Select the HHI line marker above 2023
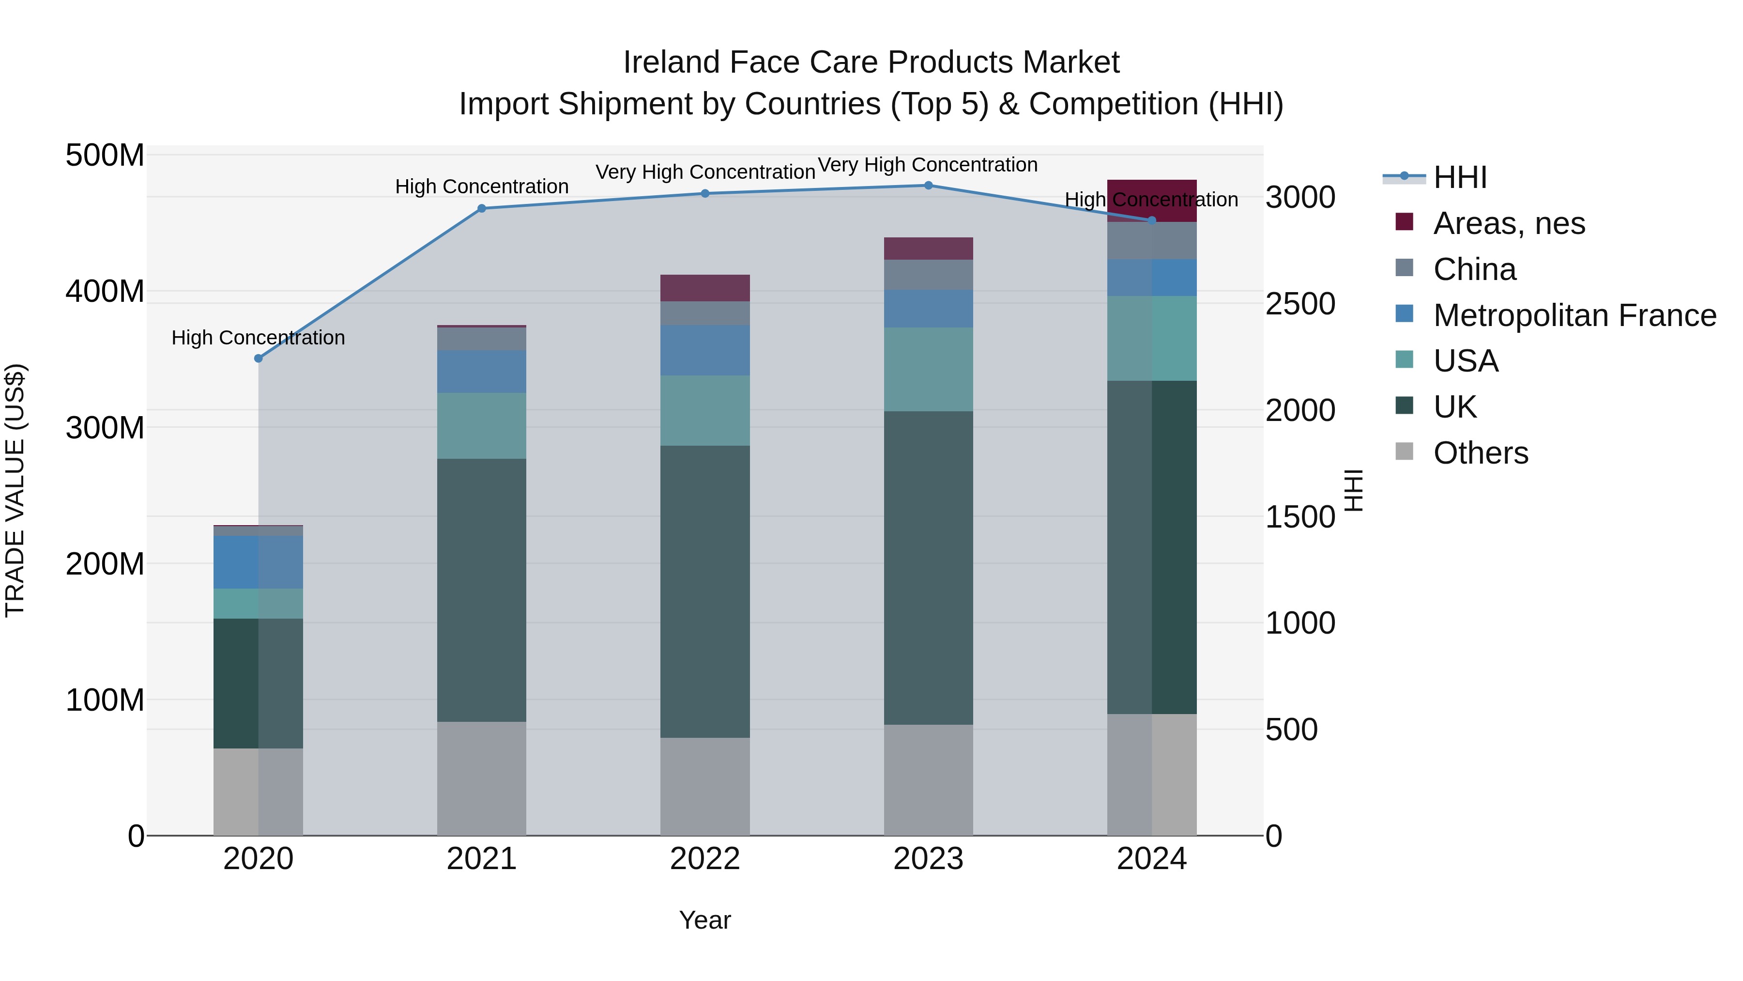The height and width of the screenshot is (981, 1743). coord(928,186)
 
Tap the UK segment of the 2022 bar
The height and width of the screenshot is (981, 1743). coord(705,591)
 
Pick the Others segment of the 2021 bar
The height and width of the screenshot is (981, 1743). coord(482,778)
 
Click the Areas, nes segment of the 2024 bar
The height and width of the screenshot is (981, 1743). coord(1152,201)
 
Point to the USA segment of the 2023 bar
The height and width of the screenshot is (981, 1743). coord(928,369)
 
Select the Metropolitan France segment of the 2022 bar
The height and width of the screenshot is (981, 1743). coord(705,350)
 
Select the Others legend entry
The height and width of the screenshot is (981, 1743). coord(1481,453)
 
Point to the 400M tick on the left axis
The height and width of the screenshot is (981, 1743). coord(105,292)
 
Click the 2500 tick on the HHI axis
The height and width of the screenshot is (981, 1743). coord(1300,304)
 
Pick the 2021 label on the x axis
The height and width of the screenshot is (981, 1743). coord(482,859)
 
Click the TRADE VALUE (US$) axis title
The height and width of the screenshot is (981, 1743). coord(15,490)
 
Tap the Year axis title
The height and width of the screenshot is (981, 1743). coord(704,920)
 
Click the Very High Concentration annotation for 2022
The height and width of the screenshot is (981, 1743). coord(705,172)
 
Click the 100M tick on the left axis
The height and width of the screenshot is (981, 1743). coord(105,700)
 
